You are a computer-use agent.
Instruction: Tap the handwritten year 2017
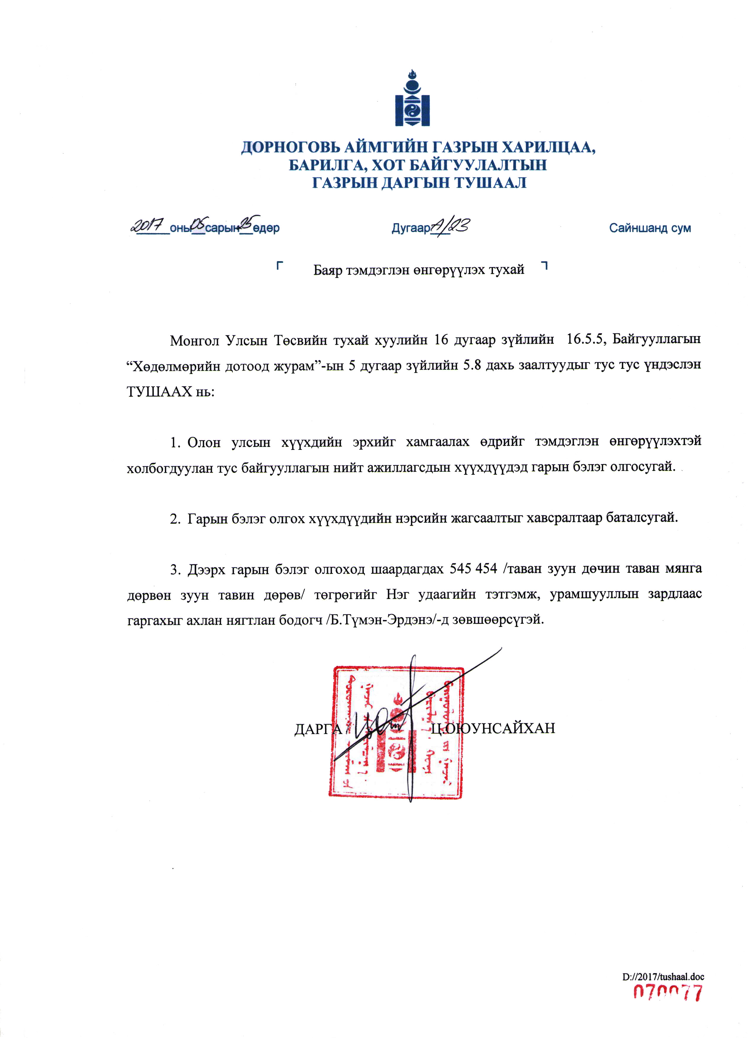pos(147,225)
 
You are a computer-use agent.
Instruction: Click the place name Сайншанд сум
pos(650,228)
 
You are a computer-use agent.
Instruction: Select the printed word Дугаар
pos(410,228)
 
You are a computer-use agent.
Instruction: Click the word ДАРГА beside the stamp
pos(318,728)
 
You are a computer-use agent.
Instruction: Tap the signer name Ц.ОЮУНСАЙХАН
pos(494,728)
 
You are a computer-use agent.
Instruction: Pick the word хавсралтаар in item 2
pos(565,518)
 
